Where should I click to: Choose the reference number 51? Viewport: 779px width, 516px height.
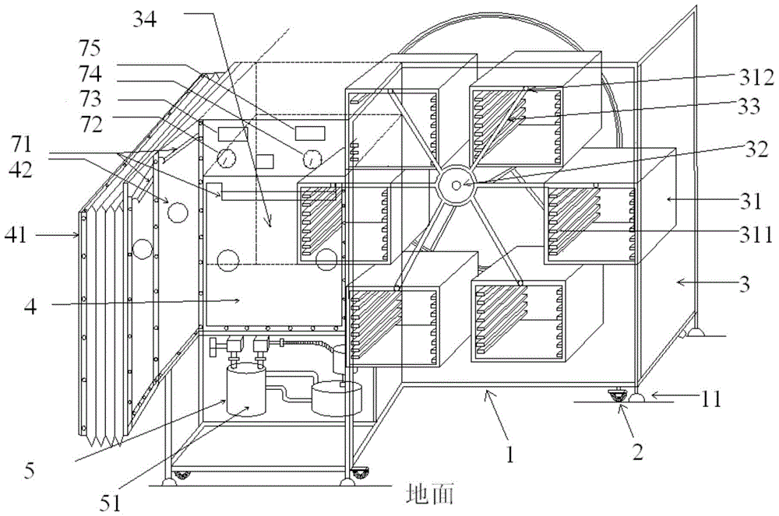110,503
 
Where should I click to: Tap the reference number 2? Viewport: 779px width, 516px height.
637,451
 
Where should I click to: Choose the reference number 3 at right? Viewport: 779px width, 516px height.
744,284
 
